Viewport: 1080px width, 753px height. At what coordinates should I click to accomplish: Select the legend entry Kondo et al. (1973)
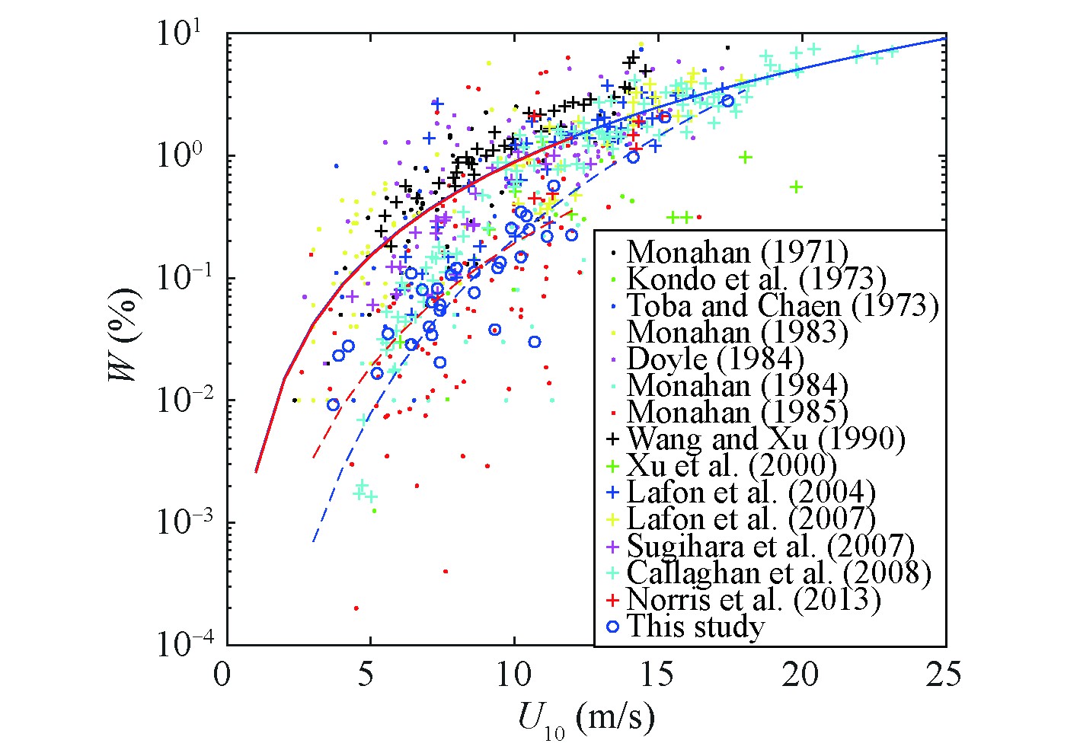point(756,279)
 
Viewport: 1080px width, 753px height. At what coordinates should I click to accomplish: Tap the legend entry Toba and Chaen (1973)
point(782,305)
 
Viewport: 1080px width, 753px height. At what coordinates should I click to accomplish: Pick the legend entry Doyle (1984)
point(714,359)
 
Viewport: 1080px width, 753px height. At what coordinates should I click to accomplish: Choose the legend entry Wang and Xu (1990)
point(765,439)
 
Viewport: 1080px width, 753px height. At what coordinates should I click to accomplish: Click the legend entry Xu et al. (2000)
point(731,466)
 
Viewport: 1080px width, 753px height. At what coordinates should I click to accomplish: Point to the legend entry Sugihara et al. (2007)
point(770,546)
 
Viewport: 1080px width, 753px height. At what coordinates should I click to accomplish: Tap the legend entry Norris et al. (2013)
point(753,599)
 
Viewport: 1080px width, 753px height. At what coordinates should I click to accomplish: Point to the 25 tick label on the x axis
point(945,675)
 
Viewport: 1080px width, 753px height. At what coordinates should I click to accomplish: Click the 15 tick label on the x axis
point(657,675)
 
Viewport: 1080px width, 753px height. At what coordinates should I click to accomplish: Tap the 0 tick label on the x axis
point(222,675)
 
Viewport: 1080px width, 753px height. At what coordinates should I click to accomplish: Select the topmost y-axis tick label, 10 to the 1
point(180,34)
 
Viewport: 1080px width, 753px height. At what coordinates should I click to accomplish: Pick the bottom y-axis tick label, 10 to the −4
point(180,644)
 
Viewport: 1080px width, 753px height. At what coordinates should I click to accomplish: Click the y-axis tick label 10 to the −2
point(180,400)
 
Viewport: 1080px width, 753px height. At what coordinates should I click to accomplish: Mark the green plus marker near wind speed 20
point(797,187)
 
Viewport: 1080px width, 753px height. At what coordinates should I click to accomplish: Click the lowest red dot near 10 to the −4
point(356,608)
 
